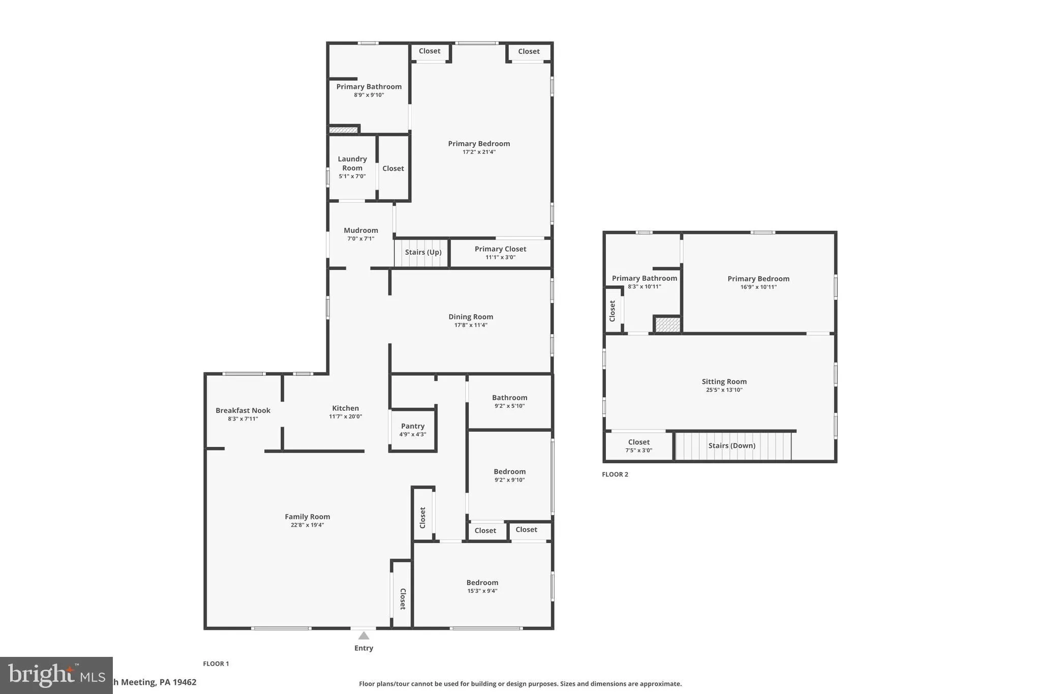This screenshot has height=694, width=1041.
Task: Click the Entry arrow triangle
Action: (x=363, y=636)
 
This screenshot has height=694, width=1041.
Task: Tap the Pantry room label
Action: (x=412, y=426)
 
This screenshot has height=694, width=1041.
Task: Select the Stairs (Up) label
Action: (x=423, y=252)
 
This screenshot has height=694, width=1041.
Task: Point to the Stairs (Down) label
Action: (x=731, y=445)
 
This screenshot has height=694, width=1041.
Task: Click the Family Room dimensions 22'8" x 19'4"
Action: (x=307, y=525)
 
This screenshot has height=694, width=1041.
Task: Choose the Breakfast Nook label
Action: (x=242, y=410)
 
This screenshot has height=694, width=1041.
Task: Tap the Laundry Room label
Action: (x=352, y=163)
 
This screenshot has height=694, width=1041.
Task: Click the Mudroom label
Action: (x=360, y=230)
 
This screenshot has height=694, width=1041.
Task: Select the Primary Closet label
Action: (x=500, y=249)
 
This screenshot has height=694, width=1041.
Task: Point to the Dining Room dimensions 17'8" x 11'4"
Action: (x=471, y=325)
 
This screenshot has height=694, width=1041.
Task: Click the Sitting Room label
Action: (x=724, y=381)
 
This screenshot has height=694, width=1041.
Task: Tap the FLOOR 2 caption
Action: (x=615, y=474)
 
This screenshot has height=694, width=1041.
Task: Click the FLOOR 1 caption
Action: (x=216, y=663)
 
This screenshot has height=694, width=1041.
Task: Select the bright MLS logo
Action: (x=56, y=675)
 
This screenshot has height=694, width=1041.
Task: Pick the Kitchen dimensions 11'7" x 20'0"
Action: (x=345, y=416)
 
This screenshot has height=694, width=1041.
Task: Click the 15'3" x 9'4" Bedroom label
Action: (x=482, y=583)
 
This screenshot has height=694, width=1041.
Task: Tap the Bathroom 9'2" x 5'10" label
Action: (x=509, y=398)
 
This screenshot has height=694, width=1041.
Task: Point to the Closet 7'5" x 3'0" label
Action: (x=638, y=442)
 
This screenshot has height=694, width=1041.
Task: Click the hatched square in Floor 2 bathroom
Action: (x=667, y=324)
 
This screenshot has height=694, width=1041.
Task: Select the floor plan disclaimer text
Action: (x=520, y=684)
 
